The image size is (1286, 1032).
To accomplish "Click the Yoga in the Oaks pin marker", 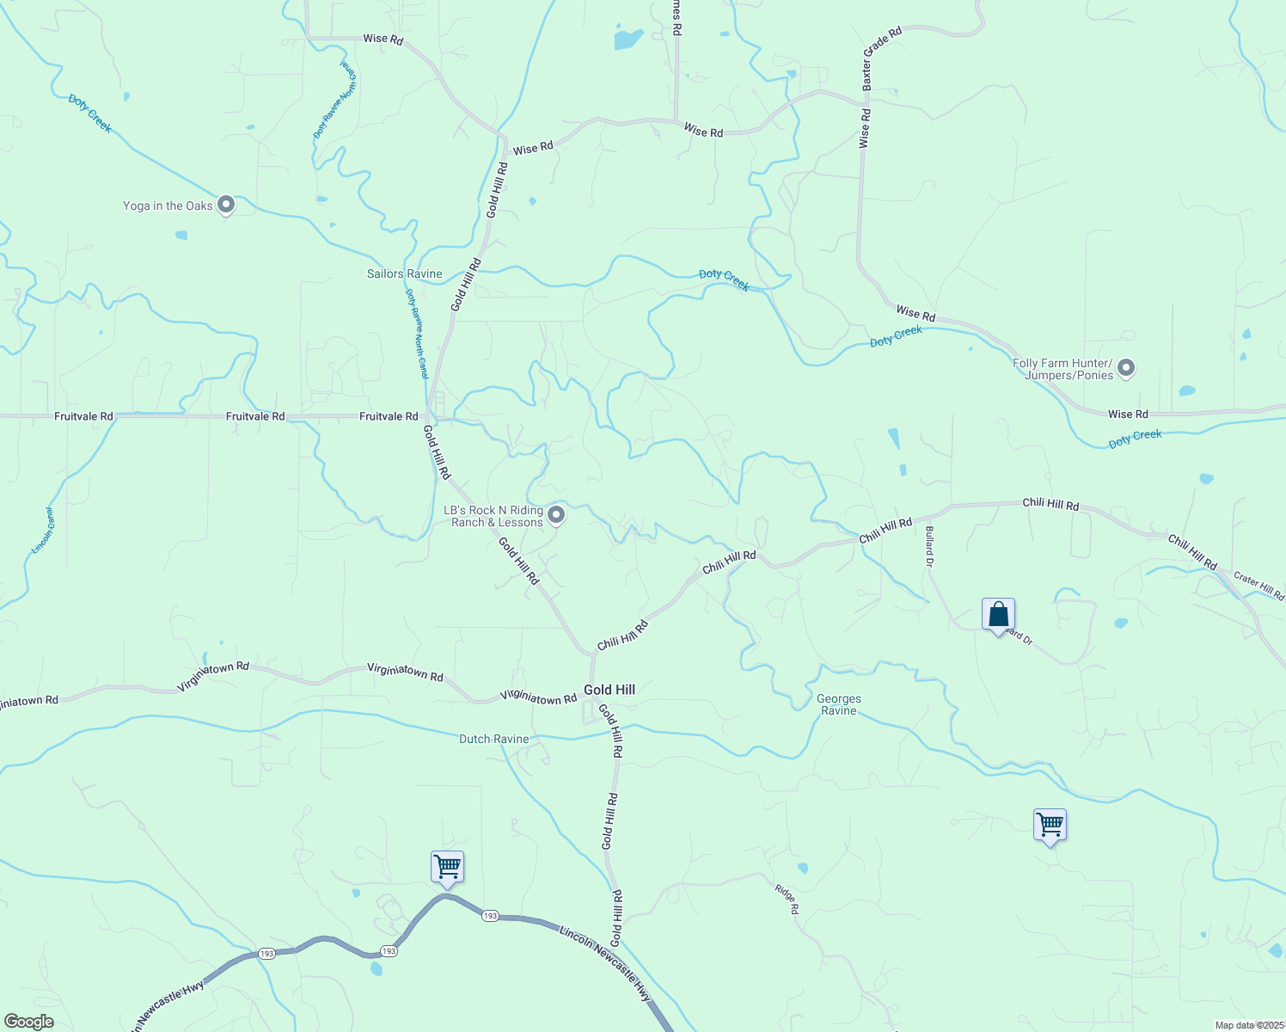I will (x=226, y=205).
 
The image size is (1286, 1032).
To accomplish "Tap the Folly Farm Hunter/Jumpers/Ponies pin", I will (x=1126, y=368).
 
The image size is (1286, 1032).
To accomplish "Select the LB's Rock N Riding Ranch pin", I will (x=556, y=515).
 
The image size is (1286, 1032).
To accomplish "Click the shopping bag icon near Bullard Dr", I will (x=998, y=615).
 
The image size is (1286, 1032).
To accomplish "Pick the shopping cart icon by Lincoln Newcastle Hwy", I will (x=447, y=867).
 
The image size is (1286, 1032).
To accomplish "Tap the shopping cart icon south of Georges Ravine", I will (x=1050, y=825).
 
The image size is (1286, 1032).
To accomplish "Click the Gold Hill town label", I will (x=609, y=690).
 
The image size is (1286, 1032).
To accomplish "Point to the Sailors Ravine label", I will (x=404, y=273).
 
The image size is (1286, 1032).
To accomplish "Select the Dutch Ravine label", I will (x=493, y=739).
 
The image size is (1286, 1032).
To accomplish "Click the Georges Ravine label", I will (x=839, y=704).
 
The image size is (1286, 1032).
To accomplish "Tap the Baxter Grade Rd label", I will (x=883, y=58).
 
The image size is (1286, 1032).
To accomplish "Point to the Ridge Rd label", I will (x=787, y=899).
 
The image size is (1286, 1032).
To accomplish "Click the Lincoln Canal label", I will (x=44, y=530).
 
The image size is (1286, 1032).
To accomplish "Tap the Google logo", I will (x=28, y=1022).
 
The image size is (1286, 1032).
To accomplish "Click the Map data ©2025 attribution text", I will (x=1248, y=1025).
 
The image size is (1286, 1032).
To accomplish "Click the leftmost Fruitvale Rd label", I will (x=83, y=416).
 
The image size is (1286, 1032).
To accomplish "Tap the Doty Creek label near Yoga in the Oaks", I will (x=90, y=114).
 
